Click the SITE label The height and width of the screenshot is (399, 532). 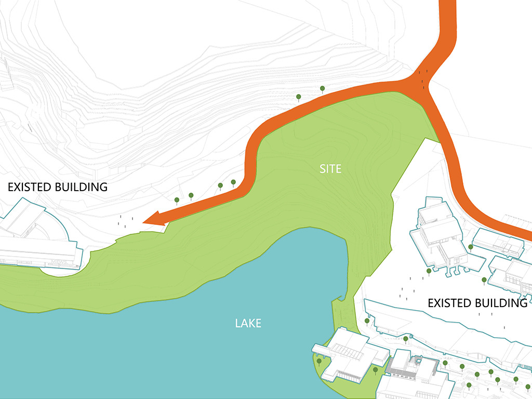point(330,169)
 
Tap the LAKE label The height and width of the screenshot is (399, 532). point(248,323)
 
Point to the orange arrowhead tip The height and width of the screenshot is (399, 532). point(144,222)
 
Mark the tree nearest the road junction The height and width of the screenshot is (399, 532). point(322,89)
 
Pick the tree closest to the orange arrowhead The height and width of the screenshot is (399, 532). point(177,199)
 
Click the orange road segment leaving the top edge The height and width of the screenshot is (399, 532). point(447,16)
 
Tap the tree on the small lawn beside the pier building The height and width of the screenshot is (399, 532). point(319,361)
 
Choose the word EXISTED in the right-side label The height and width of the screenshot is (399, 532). point(449,303)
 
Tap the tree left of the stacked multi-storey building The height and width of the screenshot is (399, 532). point(429,271)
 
